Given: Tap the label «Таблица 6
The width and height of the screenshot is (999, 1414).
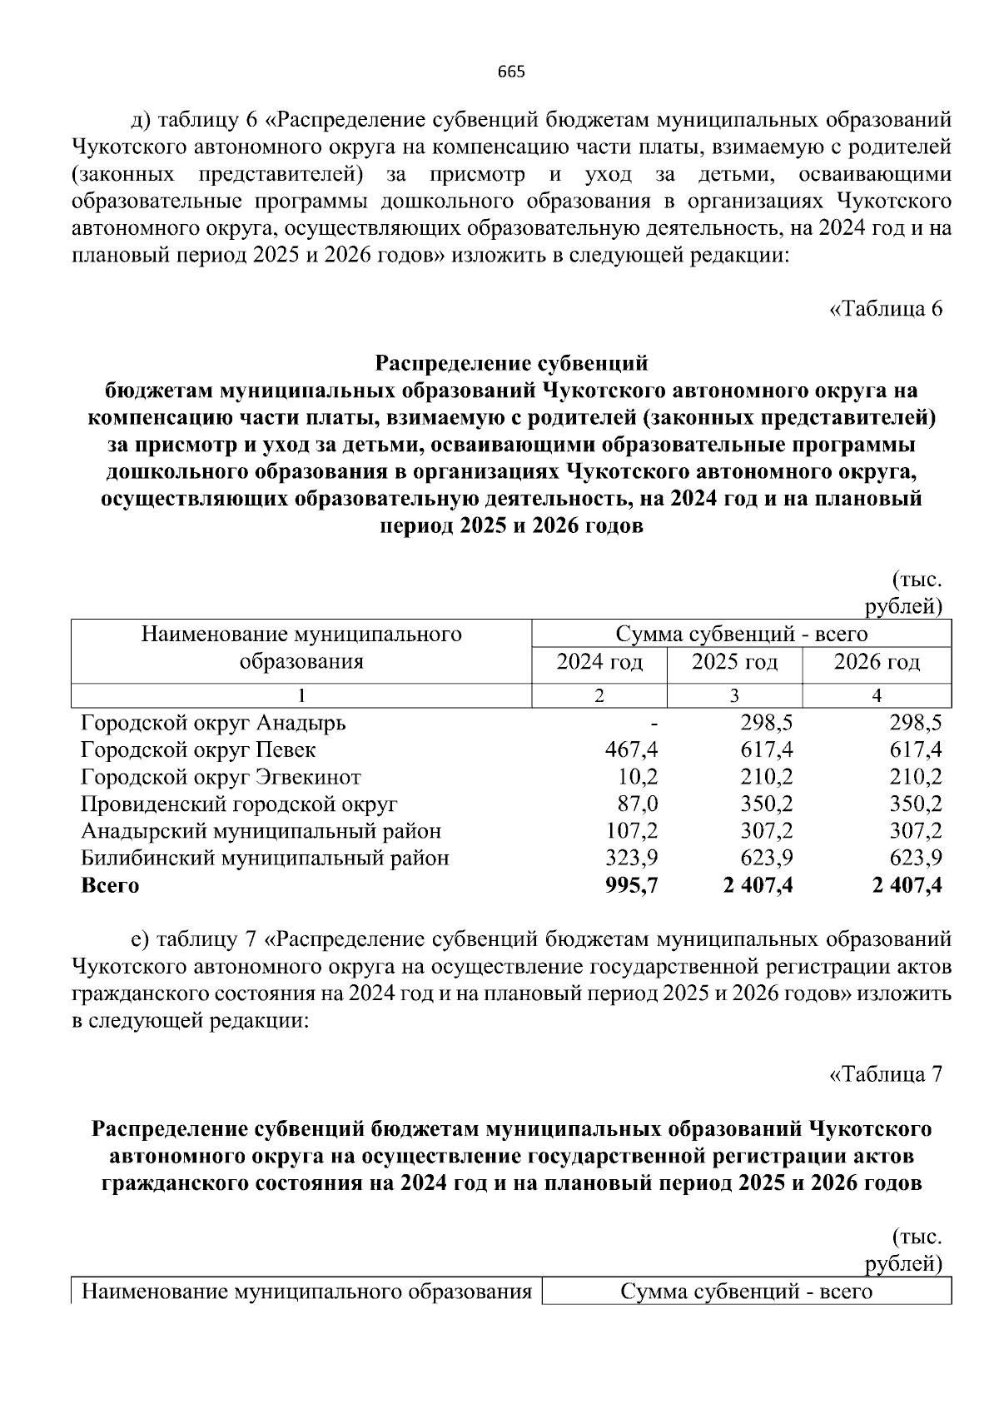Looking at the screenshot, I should (886, 309).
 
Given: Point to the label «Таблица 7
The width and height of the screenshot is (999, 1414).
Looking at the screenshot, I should (886, 1073).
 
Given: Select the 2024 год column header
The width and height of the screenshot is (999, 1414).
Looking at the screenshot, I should (599, 662).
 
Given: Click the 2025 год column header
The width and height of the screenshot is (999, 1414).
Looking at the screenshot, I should (734, 662).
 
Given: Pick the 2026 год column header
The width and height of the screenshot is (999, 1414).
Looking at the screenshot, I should (877, 662).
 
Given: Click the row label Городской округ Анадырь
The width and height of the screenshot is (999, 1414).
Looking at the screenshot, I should (213, 723).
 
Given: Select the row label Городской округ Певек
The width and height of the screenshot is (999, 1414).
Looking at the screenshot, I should (198, 749).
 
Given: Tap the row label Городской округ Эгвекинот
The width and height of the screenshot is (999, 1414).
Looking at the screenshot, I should (221, 777).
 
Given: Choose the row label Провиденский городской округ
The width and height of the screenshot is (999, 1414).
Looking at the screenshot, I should (239, 804).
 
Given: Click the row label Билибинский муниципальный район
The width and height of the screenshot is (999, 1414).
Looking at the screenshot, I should (265, 858).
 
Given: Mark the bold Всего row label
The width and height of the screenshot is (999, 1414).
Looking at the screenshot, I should (110, 885).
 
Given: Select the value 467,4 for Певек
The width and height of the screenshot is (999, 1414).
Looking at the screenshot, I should (631, 749).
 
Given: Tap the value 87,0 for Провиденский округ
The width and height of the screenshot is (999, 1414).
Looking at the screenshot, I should (638, 804).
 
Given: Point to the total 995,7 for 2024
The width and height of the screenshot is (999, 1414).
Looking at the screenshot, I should (631, 885).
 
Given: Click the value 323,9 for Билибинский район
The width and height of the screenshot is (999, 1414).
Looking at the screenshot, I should (631, 858).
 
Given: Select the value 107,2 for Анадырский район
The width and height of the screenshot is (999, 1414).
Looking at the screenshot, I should (631, 831).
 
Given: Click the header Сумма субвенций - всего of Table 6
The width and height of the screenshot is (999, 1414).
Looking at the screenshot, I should (741, 635).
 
